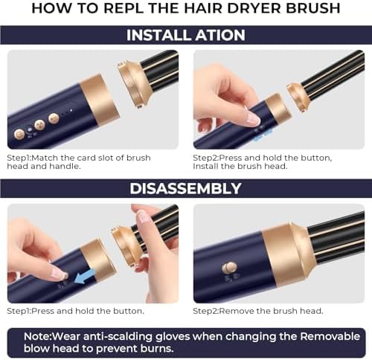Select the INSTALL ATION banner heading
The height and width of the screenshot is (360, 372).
186,35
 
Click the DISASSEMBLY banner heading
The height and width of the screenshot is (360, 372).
186,188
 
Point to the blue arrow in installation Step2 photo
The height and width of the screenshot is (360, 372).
262,134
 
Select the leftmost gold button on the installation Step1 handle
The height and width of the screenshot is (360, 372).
19,134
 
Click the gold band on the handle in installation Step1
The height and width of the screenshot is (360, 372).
98,99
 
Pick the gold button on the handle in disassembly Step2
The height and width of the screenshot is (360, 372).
231,267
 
